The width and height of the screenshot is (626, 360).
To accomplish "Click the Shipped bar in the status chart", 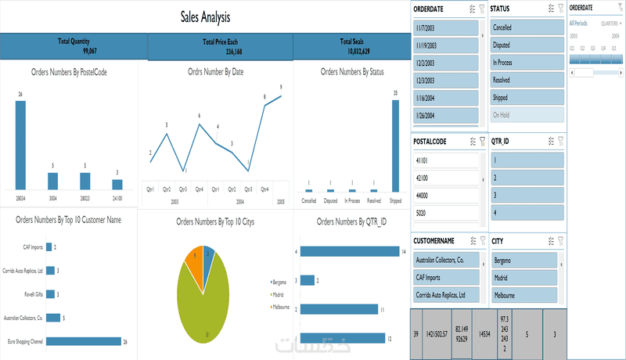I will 396,146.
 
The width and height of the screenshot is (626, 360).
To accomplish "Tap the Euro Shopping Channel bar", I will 84,341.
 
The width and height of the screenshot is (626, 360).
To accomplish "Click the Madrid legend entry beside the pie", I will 278,294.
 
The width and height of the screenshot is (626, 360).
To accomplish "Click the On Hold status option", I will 526,115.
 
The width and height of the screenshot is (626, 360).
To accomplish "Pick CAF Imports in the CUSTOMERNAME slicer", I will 445,277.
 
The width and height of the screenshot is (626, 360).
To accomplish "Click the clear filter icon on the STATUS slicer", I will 560,9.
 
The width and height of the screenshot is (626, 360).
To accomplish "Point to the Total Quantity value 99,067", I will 74,50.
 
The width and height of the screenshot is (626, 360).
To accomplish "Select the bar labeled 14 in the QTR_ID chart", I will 349,251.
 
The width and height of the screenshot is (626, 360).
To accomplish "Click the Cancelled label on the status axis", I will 309,201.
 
